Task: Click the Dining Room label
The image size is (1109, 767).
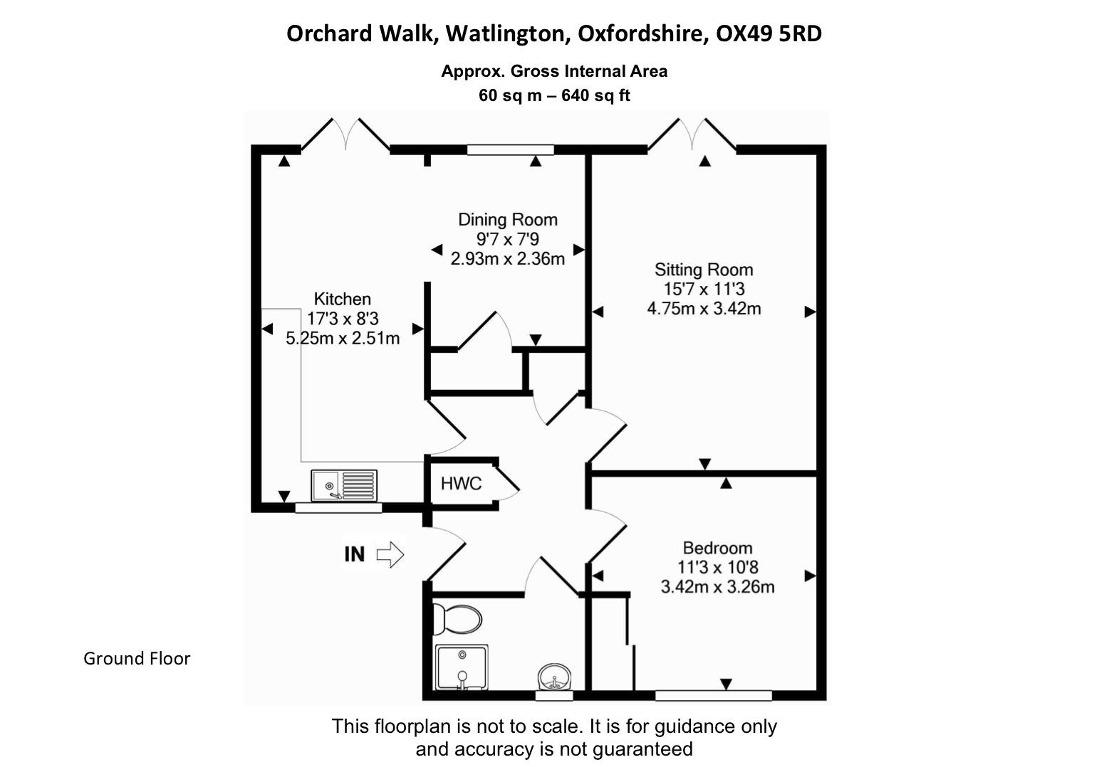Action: [x=507, y=220]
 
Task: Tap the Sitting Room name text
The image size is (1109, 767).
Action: [x=704, y=270]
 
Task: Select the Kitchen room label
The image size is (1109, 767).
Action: [x=343, y=300]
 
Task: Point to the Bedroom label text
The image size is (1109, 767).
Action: [x=717, y=548]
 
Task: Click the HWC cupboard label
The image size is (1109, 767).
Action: [x=461, y=485]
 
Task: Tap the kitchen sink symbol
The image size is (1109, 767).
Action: [x=344, y=485]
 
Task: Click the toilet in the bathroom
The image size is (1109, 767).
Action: [x=455, y=618]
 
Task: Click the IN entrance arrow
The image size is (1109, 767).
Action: [x=390, y=554]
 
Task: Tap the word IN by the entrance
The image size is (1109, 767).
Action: [x=355, y=554]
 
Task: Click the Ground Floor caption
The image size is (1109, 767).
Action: [x=137, y=659]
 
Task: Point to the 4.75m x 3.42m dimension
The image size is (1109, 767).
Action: [x=704, y=309]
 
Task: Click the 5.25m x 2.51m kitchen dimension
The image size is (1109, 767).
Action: [x=343, y=338]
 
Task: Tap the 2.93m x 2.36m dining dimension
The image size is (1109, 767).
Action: [x=507, y=258]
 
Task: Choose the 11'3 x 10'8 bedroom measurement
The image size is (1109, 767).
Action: [x=717, y=568]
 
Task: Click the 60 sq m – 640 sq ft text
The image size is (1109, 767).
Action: [x=554, y=95]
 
